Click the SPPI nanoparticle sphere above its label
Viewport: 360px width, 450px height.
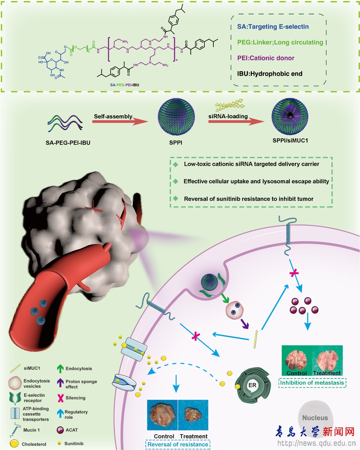pyautogui.click(x=176, y=118)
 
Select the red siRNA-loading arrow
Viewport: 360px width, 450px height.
pyautogui.click(x=236, y=121)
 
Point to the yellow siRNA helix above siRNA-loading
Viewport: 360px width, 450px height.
pyautogui.click(x=230, y=105)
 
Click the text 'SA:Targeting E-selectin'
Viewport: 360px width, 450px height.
pyautogui.click(x=273, y=27)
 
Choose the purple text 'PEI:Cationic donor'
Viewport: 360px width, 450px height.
pyautogui.click(x=266, y=58)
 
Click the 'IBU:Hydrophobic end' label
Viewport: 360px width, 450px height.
pyautogui.click(x=269, y=74)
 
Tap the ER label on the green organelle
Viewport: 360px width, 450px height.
pyautogui.click(x=253, y=385)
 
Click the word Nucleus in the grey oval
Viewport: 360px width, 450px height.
pyautogui.click(x=315, y=418)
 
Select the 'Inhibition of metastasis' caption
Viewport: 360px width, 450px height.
pyautogui.click(x=312, y=383)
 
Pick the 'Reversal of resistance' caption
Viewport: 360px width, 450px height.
pyautogui.click(x=178, y=444)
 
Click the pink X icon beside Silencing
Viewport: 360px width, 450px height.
pyautogui.click(x=60, y=398)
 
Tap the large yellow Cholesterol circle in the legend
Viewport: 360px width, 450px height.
pyautogui.click(x=14, y=444)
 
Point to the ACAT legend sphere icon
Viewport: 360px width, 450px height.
pyautogui.click(x=60, y=430)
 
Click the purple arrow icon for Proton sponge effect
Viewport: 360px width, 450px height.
pyautogui.click(x=60, y=382)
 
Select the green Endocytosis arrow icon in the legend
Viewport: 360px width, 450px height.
pyautogui.click(x=60, y=369)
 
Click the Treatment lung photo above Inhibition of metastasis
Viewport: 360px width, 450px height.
pyautogui.click(x=327, y=361)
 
